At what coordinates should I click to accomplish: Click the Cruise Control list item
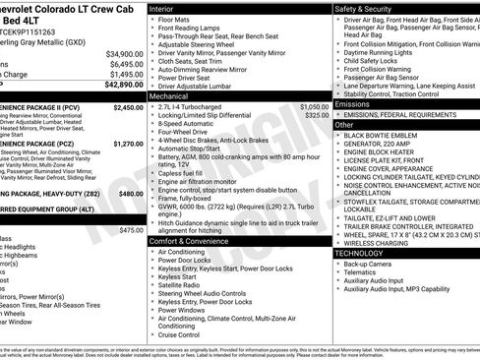pos(181,333)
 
